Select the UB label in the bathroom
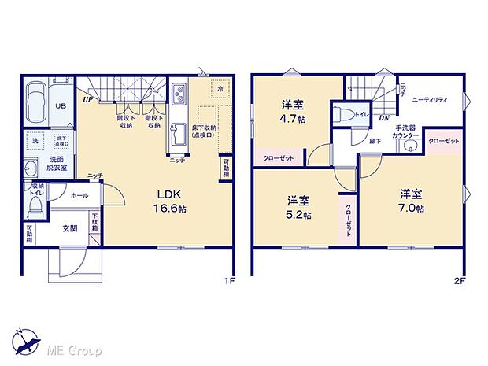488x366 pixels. click(60, 106)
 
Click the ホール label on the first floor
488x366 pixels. click(79, 193)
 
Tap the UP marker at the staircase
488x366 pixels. click(86, 101)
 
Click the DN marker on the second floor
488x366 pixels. click(383, 118)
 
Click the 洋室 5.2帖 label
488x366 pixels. click(298, 206)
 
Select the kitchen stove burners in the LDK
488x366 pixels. click(178, 94)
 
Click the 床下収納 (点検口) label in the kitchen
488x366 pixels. click(204, 131)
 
